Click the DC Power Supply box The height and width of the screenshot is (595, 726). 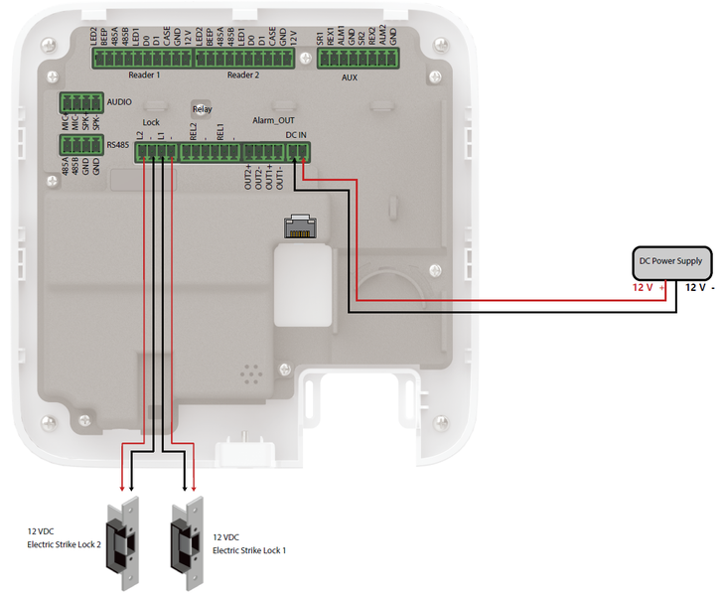coord(672,262)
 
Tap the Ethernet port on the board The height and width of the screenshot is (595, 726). coord(298,226)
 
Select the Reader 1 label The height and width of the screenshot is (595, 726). coord(144,75)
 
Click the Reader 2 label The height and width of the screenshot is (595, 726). coord(243,75)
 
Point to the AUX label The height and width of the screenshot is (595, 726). coord(349,76)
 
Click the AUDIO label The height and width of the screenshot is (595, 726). coord(120,102)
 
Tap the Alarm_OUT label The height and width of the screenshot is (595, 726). coord(272,119)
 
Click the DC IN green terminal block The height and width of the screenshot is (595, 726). coord(297,152)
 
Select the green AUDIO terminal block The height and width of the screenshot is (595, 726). coord(81,102)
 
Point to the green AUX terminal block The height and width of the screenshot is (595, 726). coord(357,59)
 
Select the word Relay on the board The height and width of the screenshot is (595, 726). coord(203,109)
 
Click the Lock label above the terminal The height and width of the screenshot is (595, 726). coord(151,122)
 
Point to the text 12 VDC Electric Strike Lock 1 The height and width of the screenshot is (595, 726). coord(249,543)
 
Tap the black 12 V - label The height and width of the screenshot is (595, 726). coord(700,288)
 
